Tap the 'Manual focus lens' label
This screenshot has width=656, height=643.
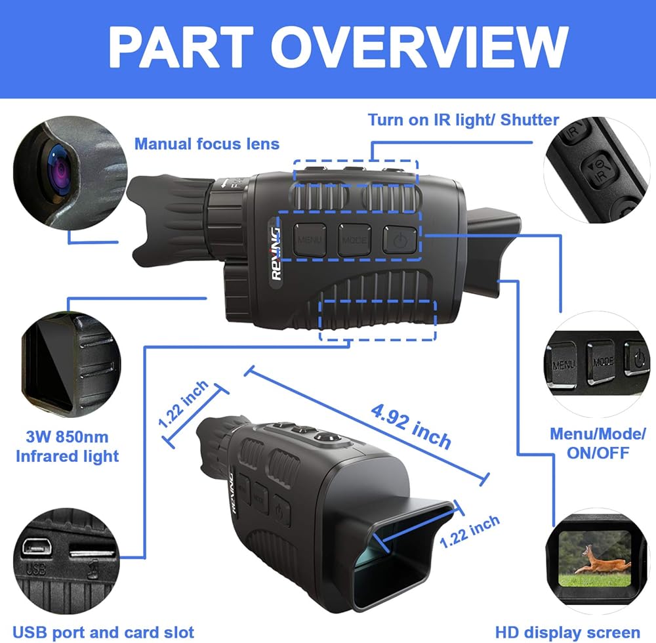click(x=207, y=144)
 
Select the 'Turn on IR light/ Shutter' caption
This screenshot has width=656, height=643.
click(x=464, y=119)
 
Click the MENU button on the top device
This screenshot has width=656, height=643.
click(x=310, y=239)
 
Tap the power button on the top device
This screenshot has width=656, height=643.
click(x=400, y=239)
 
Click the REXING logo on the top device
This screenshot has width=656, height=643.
click(x=276, y=253)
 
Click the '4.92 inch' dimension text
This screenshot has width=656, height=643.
click(x=411, y=426)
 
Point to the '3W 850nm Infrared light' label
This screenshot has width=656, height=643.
click(x=68, y=446)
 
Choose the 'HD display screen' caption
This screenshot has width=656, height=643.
click(x=567, y=632)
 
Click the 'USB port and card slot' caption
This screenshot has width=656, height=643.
click(x=104, y=632)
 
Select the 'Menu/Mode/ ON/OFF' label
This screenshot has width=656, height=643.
click(x=598, y=444)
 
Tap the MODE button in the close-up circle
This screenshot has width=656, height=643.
click(x=602, y=362)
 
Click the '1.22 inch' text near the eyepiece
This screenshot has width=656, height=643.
click(x=470, y=531)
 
